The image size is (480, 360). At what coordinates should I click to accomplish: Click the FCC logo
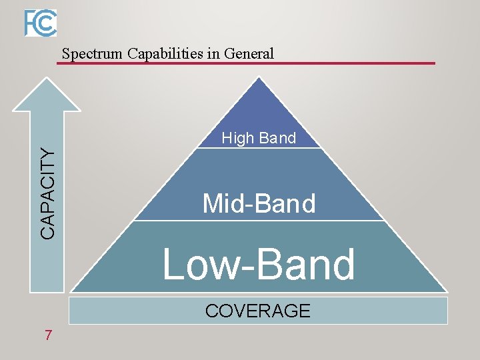41,23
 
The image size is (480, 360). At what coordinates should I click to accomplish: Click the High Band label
259,139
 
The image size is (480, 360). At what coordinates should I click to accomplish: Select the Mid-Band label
259,203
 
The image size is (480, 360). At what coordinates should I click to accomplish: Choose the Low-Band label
259,264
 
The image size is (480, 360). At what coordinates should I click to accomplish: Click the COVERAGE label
258,311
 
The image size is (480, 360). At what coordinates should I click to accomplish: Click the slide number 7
48,335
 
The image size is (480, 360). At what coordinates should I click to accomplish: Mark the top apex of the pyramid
259,78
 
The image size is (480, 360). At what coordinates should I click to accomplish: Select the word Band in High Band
277,139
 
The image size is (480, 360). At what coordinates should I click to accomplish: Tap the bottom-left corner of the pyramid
71,291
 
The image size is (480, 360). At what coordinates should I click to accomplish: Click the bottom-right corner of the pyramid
447,291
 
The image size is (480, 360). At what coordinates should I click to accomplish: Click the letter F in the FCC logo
31,23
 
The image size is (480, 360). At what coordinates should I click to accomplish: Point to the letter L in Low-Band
174,264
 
